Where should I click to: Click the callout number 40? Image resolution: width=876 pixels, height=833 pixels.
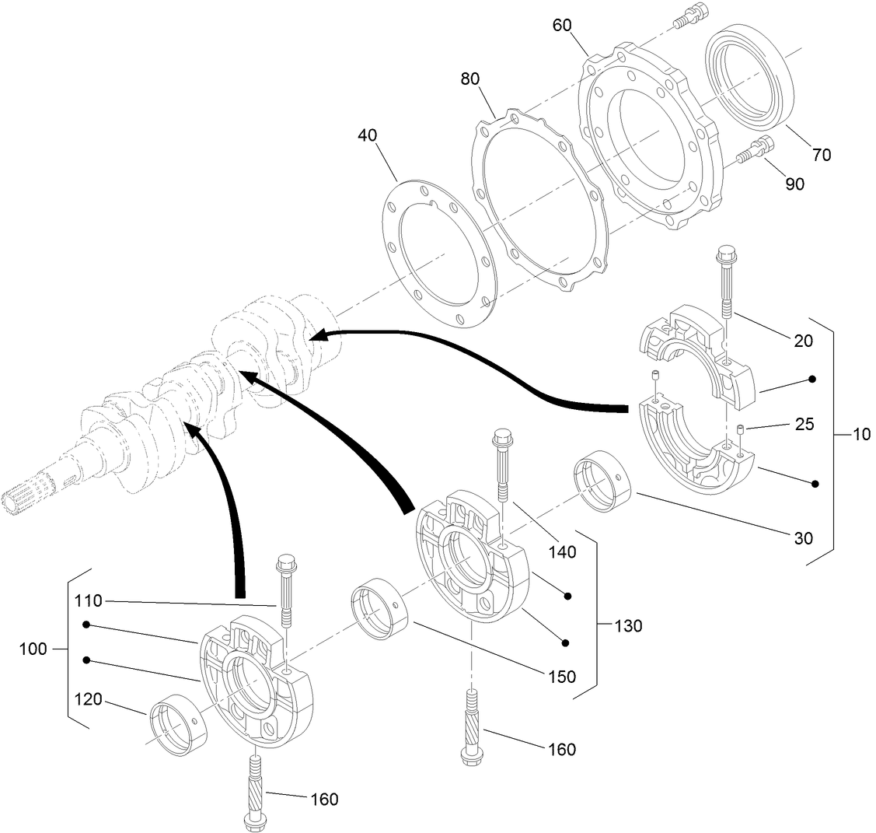point(367,135)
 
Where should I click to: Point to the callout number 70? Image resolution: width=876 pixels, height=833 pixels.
point(822,155)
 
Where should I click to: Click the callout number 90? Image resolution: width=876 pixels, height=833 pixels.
point(794,184)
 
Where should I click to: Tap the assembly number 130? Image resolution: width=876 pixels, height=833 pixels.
point(627,625)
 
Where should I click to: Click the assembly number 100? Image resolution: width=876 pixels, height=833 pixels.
point(33,649)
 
